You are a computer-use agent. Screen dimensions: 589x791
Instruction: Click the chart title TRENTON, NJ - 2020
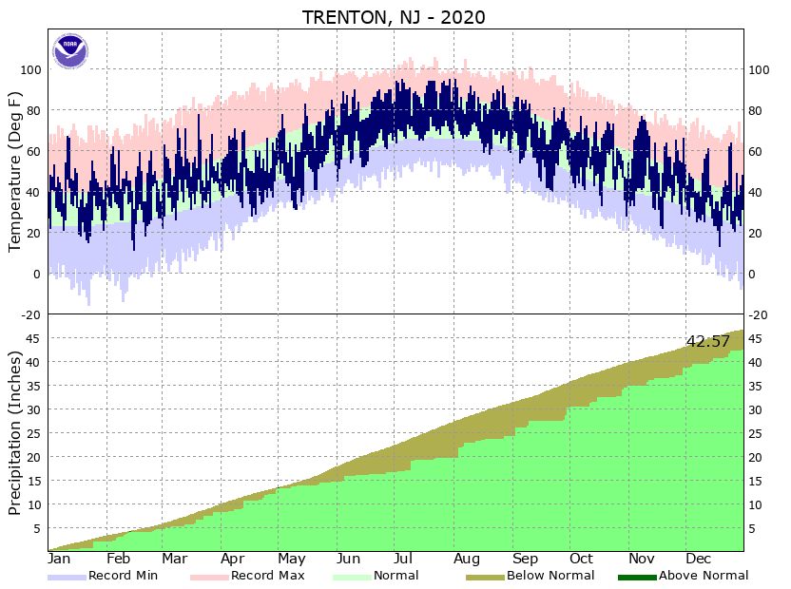point(394,17)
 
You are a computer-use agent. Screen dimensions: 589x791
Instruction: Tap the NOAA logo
point(69,50)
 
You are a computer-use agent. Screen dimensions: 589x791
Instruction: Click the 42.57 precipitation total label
point(707,341)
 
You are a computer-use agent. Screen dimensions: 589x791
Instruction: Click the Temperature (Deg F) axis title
point(15,171)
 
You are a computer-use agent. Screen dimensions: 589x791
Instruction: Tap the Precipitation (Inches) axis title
point(15,432)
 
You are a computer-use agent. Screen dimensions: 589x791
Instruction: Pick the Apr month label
point(234,559)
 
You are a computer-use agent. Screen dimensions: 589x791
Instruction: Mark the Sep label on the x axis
point(526,559)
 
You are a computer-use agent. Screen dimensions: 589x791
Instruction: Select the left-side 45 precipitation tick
point(36,338)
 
